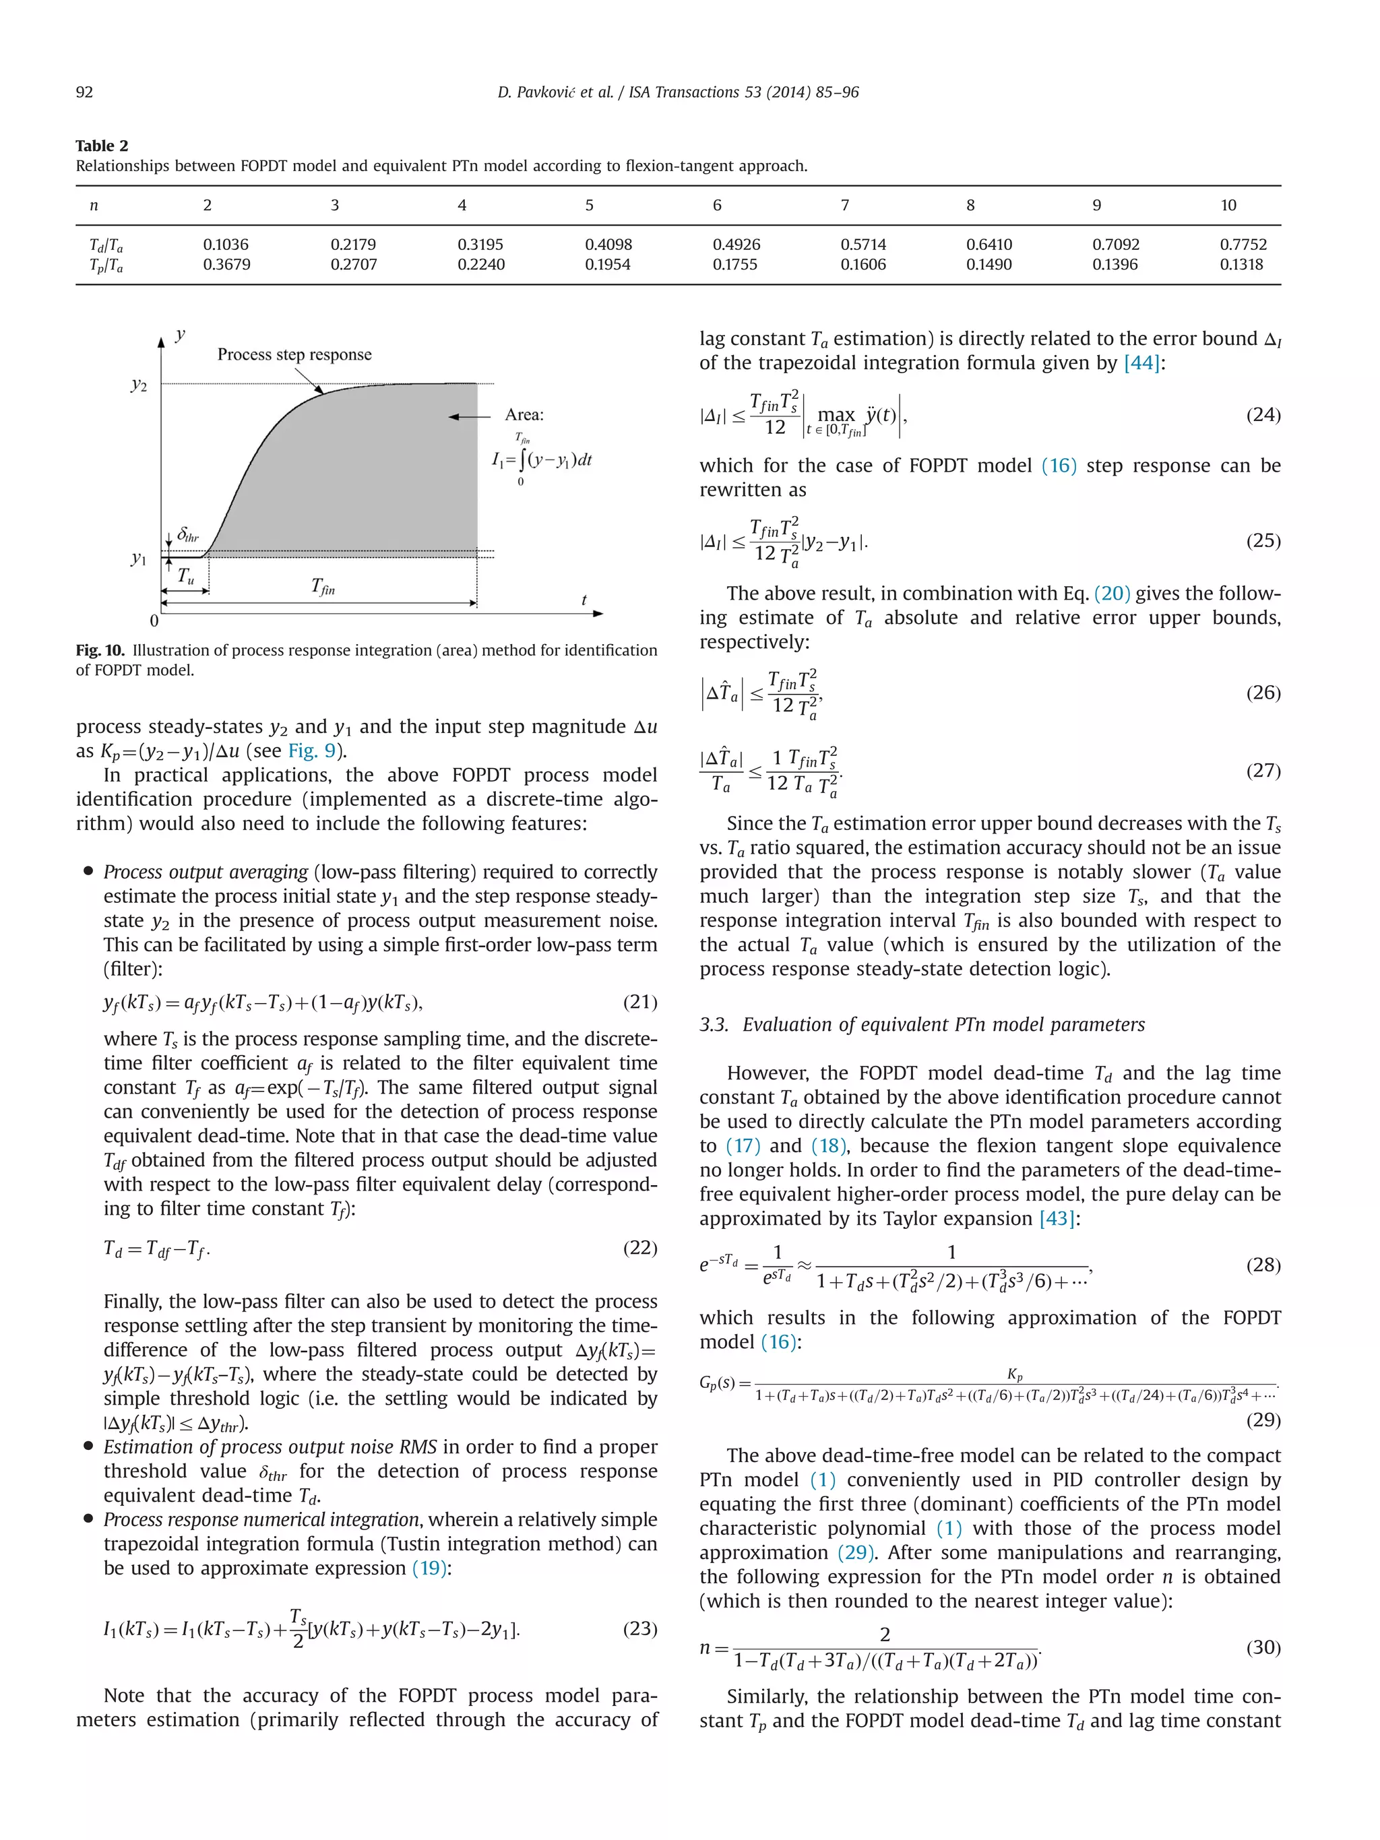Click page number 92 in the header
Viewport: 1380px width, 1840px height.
tap(84, 92)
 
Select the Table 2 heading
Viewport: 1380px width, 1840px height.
tap(102, 146)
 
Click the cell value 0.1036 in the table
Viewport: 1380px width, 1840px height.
tap(226, 245)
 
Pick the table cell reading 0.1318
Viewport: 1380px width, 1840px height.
tap(1241, 265)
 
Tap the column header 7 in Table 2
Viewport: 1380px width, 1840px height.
tap(844, 205)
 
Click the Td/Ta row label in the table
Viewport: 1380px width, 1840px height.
tap(106, 245)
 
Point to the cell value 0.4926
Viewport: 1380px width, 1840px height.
tap(735, 245)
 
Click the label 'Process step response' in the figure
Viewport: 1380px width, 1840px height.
tap(294, 354)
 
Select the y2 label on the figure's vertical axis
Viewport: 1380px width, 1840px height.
tap(139, 385)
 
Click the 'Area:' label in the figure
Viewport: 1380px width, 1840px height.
tap(524, 415)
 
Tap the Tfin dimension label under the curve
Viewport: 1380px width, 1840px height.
tap(323, 588)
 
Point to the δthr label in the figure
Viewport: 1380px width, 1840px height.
tap(188, 536)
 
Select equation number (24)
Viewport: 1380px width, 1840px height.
tap(1263, 414)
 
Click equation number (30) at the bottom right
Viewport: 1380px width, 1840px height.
tap(1263, 1647)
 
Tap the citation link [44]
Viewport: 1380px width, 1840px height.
tap(1141, 362)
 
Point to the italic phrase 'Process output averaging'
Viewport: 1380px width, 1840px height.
tap(206, 872)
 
